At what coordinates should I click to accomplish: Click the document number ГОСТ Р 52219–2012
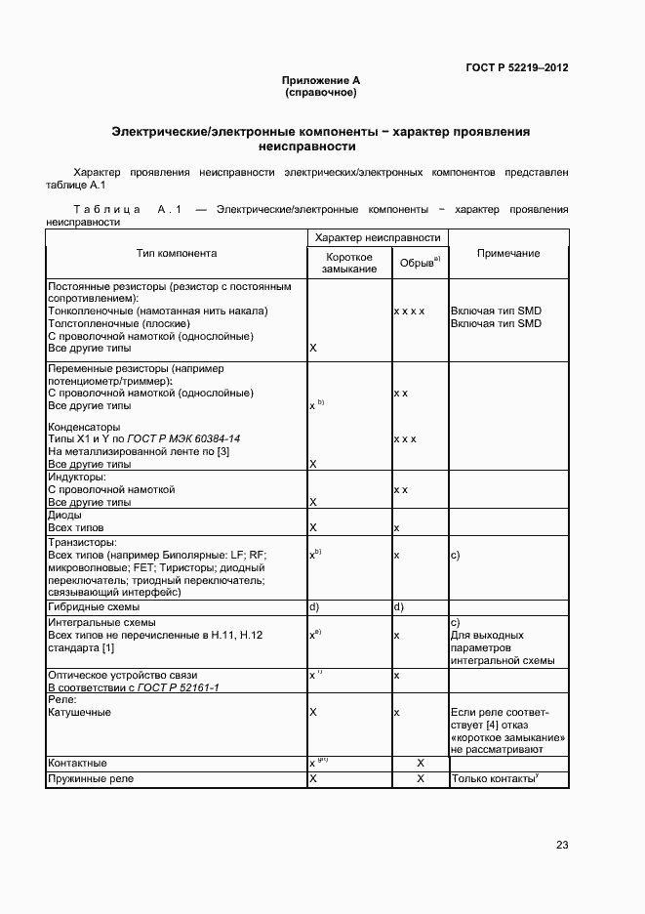[x=517, y=67]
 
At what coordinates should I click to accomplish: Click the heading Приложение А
[x=321, y=80]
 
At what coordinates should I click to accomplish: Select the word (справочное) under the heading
[x=321, y=93]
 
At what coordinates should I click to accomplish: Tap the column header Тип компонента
[x=177, y=253]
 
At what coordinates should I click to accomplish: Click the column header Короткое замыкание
[x=350, y=262]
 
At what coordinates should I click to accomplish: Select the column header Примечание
[x=507, y=253]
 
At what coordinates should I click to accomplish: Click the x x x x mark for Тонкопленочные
[x=409, y=311]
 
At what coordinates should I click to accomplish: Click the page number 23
[x=562, y=845]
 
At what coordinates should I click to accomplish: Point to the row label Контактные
[x=77, y=763]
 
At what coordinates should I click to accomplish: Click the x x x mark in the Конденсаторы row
[x=405, y=439]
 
